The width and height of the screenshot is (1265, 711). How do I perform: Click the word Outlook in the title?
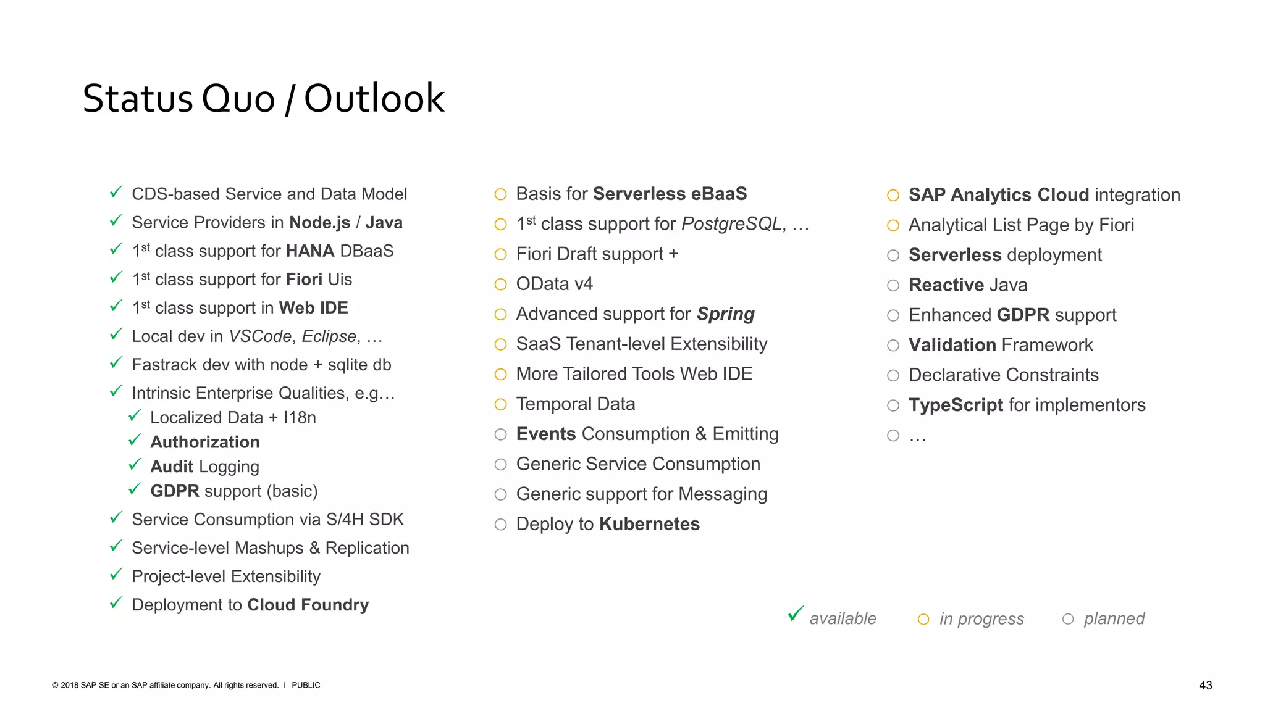point(374,99)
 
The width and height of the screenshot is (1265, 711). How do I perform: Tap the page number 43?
point(1205,685)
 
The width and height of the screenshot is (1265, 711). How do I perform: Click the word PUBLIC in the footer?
point(306,685)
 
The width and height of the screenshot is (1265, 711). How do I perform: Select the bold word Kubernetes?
point(649,524)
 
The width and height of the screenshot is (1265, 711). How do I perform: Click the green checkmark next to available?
point(796,614)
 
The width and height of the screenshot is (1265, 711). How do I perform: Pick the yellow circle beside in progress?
point(923,619)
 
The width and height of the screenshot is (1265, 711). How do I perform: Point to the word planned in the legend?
point(1114,618)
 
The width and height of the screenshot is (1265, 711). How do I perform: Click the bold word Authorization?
point(205,442)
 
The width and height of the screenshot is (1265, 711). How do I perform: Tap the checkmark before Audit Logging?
point(135,465)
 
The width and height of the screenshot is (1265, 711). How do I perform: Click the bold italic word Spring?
point(726,314)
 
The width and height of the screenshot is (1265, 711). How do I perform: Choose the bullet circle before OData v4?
point(500,285)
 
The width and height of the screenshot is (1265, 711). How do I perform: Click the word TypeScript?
point(956,405)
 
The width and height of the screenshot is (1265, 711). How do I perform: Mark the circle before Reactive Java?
point(893,285)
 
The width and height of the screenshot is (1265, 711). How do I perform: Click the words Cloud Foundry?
point(308,605)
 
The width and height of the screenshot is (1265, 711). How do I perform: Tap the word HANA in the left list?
point(310,251)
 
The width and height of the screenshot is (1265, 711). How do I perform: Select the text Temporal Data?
point(575,404)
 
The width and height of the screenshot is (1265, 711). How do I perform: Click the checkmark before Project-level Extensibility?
point(116,575)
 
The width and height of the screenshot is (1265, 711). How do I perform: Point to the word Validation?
point(952,345)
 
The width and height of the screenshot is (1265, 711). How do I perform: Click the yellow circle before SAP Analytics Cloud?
point(893,196)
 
